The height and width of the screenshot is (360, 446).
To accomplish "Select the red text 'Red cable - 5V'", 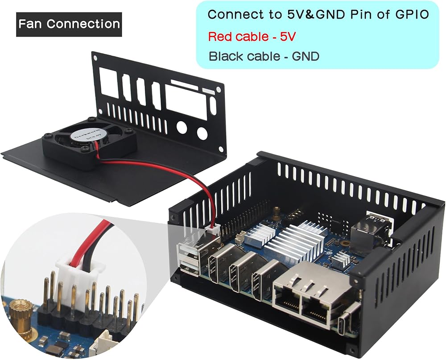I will tap(252, 37).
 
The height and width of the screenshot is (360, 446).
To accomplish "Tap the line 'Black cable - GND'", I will tap(264, 57).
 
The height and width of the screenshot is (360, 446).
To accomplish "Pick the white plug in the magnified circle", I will tap(78, 278).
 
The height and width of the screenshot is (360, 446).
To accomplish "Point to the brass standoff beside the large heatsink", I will tap(277, 213).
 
